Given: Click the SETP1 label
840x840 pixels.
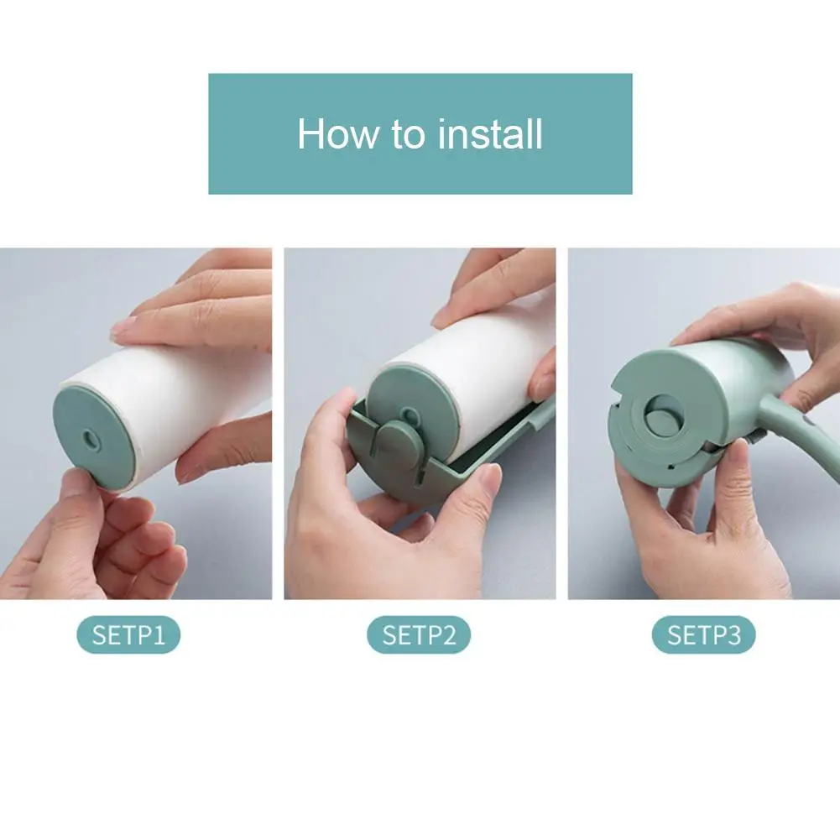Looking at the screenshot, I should click(128, 635).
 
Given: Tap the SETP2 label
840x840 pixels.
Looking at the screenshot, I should click(419, 635).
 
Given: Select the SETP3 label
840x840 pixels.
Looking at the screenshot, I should click(703, 635).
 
